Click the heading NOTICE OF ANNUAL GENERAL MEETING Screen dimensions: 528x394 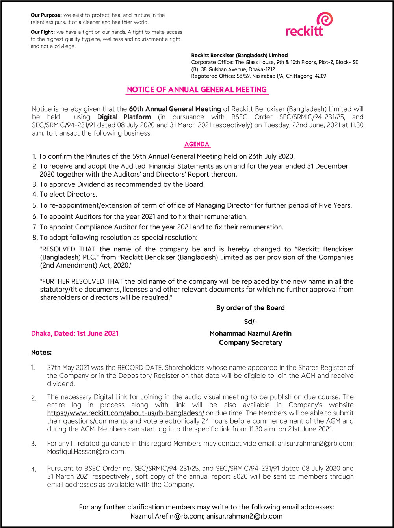tap(197, 90)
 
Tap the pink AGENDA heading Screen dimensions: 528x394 tap(197, 145)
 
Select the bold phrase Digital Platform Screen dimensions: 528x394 tap(124, 117)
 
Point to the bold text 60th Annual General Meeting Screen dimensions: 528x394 tap(175, 109)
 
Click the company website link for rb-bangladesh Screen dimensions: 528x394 tap(125, 413)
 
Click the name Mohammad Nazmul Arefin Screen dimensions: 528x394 tap(251, 333)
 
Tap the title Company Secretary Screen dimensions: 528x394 tap(251, 342)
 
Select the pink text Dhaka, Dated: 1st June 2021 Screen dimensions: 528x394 tap(75, 333)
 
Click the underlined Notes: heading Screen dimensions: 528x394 tap(41, 352)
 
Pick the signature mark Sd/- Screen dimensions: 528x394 tap(251, 322)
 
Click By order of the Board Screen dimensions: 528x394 tap(251, 308)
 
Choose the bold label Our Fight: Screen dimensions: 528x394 tap(43, 32)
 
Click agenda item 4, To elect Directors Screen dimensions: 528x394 tap(65, 194)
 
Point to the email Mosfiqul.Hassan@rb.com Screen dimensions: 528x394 tap(86, 452)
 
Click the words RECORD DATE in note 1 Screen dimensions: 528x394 tap(134, 368)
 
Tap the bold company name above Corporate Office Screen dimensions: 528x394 tap(240, 56)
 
